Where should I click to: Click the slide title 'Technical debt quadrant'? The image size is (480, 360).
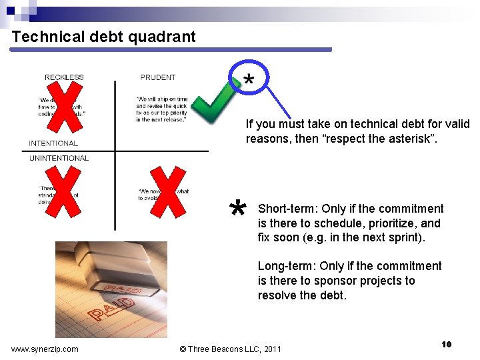[x=103, y=37]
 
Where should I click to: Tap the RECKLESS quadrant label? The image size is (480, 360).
[x=64, y=77]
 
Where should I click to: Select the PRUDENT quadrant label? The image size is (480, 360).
[x=158, y=77]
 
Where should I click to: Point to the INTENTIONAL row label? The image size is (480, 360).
[x=53, y=143]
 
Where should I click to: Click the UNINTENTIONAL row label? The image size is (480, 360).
[x=59, y=158]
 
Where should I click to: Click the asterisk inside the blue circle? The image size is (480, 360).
[x=248, y=80]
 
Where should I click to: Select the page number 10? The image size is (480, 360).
[x=447, y=344]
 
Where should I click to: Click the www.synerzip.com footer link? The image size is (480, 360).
[x=45, y=349]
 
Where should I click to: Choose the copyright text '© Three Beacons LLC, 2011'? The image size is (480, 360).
[x=231, y=349]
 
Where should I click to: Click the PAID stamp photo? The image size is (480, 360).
[x=111, y=289]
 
